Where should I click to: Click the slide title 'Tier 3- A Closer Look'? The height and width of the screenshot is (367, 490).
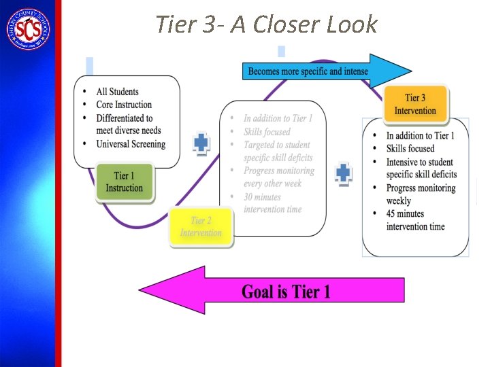[265, 24]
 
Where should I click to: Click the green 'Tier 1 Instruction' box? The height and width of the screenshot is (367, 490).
[125, 181]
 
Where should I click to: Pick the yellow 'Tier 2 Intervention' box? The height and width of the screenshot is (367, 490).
[201, 226]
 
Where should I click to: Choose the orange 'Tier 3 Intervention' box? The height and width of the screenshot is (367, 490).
[415, 105]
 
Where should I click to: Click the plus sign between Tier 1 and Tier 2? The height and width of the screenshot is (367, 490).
[201, 143]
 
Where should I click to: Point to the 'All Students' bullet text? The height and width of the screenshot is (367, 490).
[117, 92]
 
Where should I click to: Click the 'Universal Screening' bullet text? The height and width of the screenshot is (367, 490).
[131, 143]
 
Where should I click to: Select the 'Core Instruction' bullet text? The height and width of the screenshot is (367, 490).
[124, 105]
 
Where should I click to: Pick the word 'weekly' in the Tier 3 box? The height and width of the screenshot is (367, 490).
[399, 200]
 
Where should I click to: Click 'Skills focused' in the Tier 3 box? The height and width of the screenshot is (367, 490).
[410, 148]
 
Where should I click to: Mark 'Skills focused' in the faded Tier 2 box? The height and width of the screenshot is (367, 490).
[267, 132]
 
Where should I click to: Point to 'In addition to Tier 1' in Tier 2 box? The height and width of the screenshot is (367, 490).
[278, 118]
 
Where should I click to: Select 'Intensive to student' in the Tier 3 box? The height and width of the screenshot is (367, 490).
[419, 162]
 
